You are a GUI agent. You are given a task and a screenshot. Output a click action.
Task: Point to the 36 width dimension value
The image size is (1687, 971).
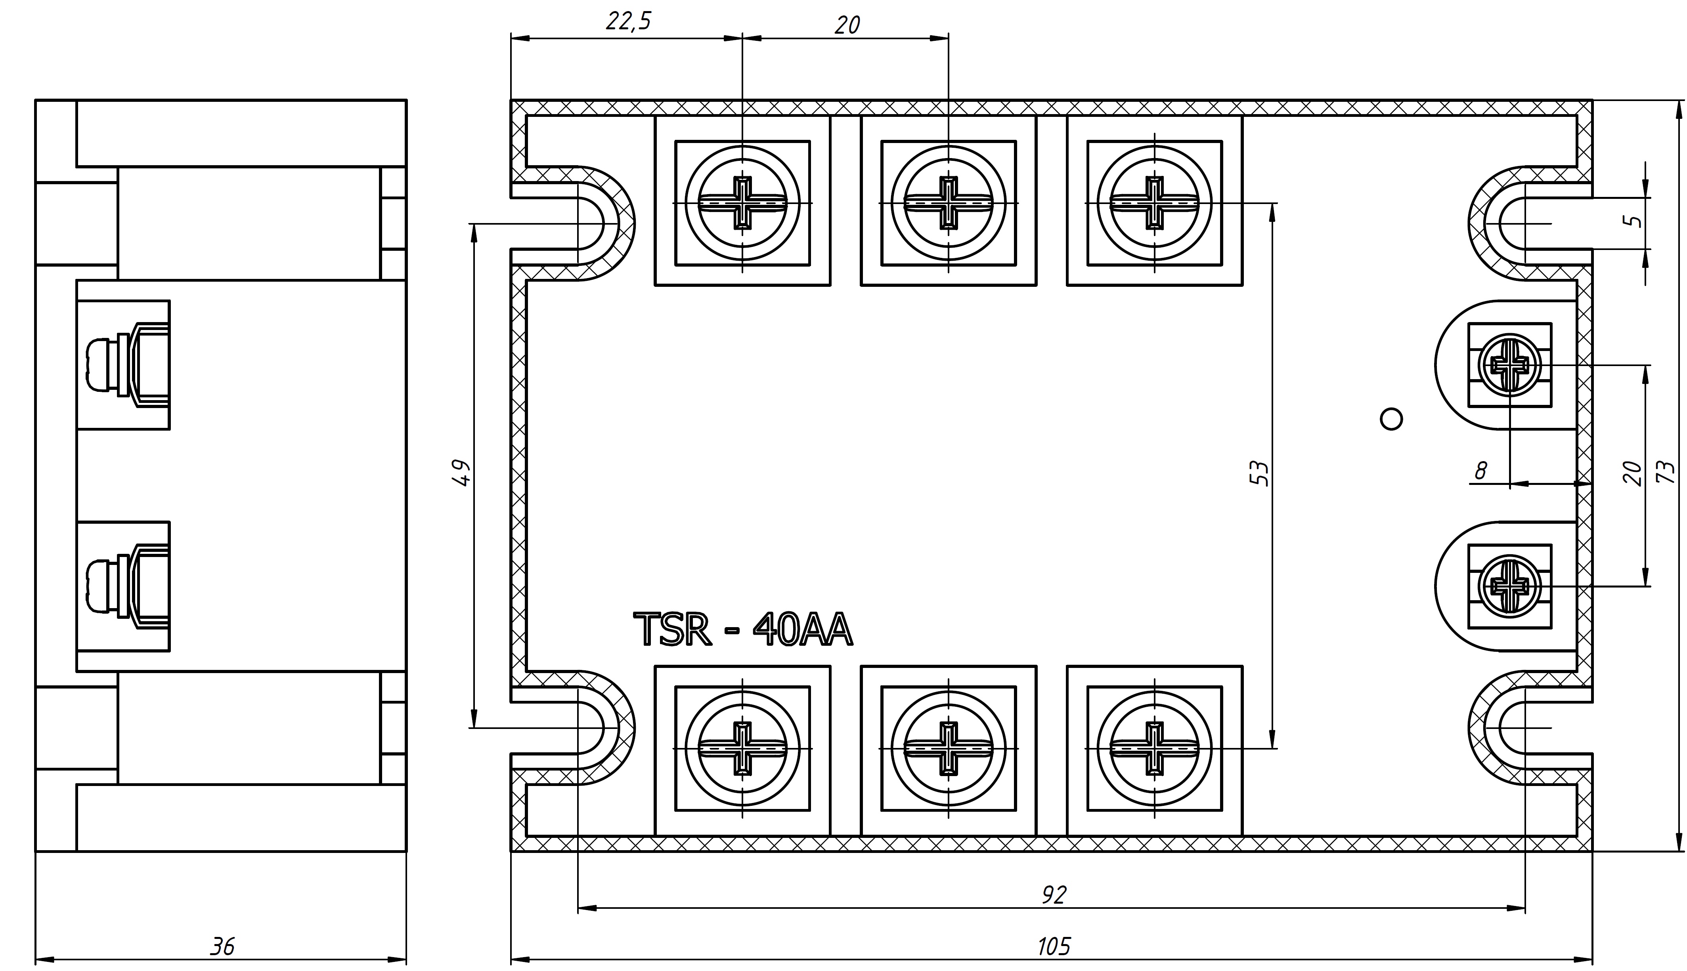(x=223, y=946)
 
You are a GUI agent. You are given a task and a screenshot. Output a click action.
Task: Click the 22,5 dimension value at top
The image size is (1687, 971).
(x=628, y=21)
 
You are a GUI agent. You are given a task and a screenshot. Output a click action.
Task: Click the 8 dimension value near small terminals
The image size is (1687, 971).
(x=1480, y=471)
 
